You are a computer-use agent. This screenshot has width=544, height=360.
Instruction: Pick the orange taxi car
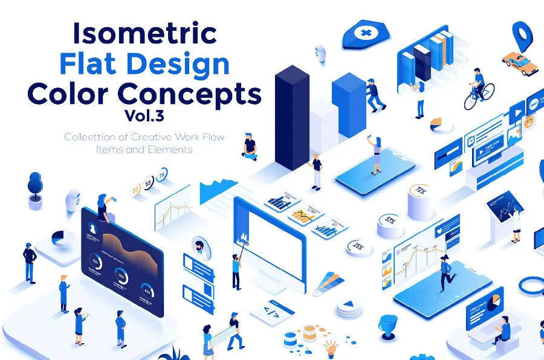tap(521, 63)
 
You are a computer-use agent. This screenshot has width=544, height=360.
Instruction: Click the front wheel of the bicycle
tap(488, 92)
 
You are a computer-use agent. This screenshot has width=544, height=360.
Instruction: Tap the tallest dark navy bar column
tap(292, 115)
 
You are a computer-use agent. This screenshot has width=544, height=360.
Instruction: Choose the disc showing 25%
tap(358, 246)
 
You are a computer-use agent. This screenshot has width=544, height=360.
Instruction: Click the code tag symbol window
tap(270, 312)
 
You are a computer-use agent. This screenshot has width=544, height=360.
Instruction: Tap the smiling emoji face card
tap(529, 121)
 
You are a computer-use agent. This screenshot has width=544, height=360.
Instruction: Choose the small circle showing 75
tap(162, 175)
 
